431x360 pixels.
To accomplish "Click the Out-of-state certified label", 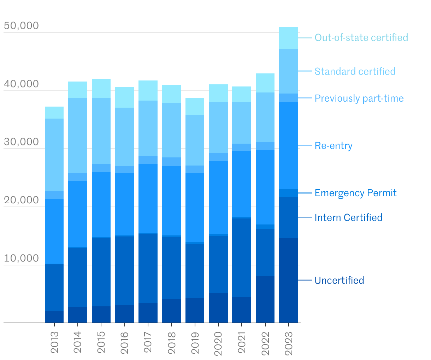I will click(x=361, y=37).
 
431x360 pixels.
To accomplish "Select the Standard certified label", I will click(x=355, y=71).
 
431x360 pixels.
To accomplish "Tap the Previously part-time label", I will click(x=359, y=98).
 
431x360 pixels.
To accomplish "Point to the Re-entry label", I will click(x=333, y=146).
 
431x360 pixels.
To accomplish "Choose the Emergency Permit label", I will click(x=355, y=193).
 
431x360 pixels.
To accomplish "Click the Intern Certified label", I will click(x=348, y=217).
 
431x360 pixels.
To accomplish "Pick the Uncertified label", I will click(x=339, y=281).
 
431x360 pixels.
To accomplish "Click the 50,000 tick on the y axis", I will click(x=21, y=26).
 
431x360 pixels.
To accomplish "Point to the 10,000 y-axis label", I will click(x=21, y=258).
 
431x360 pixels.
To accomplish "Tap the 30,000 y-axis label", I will click(x=21, y=142).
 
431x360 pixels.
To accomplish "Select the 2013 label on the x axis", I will click(x=54, y=342).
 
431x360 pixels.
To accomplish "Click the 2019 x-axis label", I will click(x=195, y=342).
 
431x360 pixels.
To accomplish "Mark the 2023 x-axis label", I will click(x=289, y=342).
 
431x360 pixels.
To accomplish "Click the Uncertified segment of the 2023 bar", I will click(x=289, y=280).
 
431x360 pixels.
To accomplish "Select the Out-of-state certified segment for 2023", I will click(x=289, y=38).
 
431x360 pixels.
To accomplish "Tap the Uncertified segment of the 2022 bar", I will click(x=265, y=299).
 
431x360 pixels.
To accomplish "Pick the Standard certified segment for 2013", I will click(x=54, y=155).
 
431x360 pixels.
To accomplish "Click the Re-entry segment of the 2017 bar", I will click(x=148, y=198).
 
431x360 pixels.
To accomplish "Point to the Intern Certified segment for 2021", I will click(x=242, y=258).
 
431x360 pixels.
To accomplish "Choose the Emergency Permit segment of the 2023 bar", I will click(x=289, y=193).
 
